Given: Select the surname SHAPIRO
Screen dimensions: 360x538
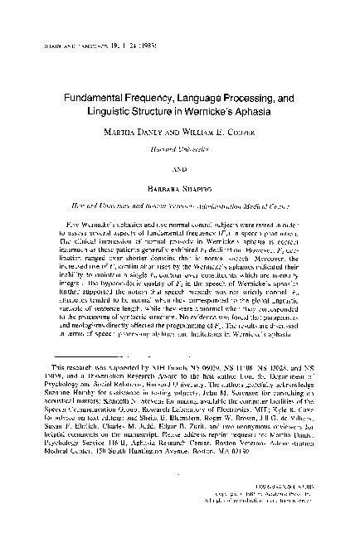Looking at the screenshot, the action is coord(200,185).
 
